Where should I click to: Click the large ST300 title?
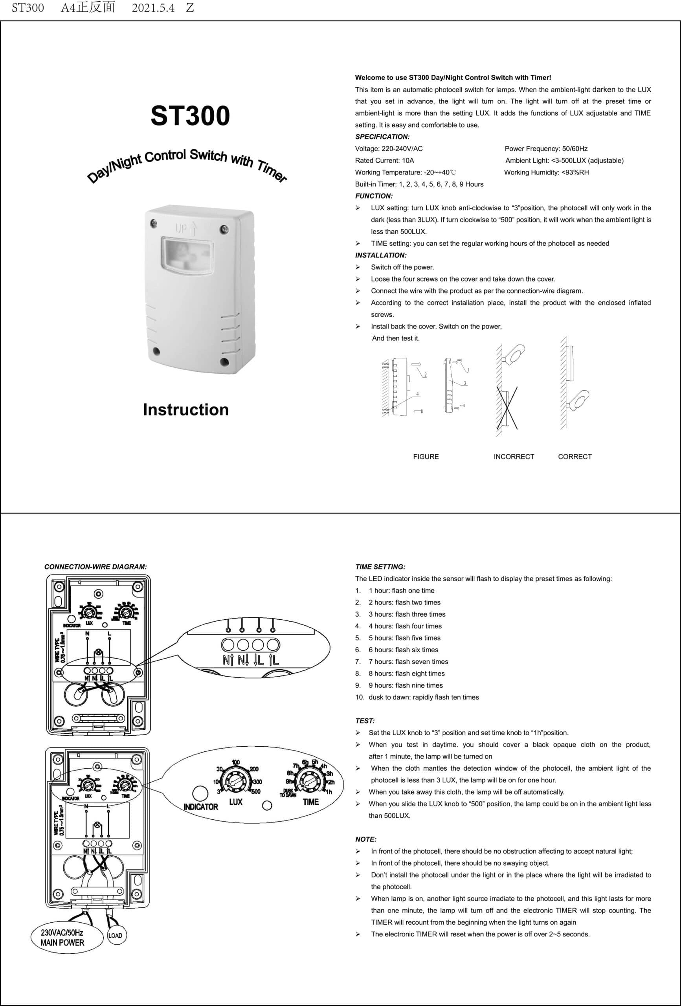tap(190, 116)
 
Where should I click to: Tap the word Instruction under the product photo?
tap(186, 410)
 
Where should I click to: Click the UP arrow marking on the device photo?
tap(186, 228)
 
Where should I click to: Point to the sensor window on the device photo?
tap(187, 255)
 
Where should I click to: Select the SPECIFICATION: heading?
tap(382, 137)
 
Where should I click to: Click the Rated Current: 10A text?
tap(384, 161)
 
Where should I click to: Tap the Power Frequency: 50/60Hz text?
tap(546, 149)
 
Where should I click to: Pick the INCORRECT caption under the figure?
tap(514, 457)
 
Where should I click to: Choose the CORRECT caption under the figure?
tap(575, 457)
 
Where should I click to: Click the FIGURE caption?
tap(426, 457)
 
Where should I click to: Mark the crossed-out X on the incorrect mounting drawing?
tap(507, 409)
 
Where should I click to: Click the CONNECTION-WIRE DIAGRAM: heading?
tap(95, 567)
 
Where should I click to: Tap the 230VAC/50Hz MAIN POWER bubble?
tap(63, 938)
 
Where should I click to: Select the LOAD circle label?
tap(115, 935)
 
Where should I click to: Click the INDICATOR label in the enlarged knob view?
tap(200, 807)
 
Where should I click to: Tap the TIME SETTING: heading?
tap(380, 567)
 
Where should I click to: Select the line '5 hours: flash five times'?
tap(404, 638)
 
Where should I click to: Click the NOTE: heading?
tap(366, 839)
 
